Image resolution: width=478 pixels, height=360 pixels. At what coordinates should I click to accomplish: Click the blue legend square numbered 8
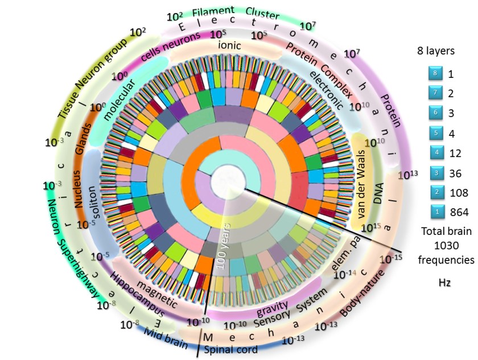433,74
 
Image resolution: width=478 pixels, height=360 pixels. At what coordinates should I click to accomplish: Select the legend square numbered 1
433,213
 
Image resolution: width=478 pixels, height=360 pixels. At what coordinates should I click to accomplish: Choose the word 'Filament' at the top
213,12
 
